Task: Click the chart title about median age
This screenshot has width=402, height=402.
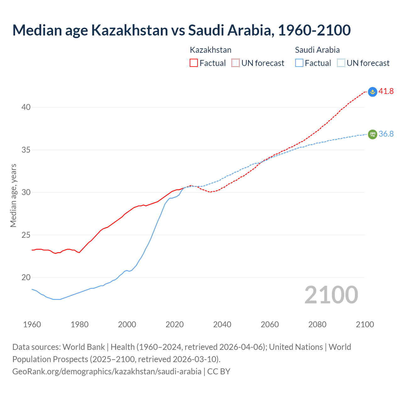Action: [x=182, y=30]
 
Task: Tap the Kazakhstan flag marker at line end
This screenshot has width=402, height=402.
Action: [x=372, y=92]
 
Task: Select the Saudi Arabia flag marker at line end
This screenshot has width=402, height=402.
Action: [x=372, y=134]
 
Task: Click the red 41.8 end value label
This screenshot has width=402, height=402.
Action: [x=386, y=91]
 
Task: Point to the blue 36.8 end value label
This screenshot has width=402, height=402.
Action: [x=386, y=134]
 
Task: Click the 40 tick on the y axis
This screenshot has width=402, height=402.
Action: [x=26, y=107]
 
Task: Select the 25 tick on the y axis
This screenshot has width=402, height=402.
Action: [x=26, y=235]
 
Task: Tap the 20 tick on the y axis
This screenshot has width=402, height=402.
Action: [x=26, y=277]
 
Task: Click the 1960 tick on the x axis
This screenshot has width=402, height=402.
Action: [x=32, y=324]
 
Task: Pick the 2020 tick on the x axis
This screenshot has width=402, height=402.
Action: [x=175, y=324]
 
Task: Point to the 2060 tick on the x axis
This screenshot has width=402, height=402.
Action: [x=270, y=324]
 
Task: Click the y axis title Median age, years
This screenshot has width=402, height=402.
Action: [x=13, y=195]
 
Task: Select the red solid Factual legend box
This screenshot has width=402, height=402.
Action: [x=194, y=63]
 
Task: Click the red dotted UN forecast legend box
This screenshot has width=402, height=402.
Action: [x=236, y=63]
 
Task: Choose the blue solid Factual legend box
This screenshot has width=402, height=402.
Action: [x=299, y=63]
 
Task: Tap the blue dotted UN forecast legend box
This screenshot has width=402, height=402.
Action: [x=341, y=63]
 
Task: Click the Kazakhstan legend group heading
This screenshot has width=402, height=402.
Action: [x=210, y=50]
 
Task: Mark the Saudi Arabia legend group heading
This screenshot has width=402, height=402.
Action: [x=317, y=50]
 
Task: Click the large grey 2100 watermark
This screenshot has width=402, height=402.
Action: [x=331, y=295]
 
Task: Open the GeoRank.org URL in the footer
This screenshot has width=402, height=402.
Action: [x=107, y=372]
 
